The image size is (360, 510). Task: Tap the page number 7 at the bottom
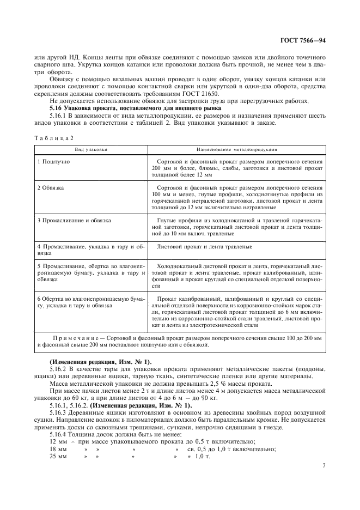click(324, 466)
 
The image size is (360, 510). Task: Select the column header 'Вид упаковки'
click(91, 148)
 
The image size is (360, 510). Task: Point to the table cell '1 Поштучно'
click(53, 162)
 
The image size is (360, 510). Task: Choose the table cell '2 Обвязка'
click(51, 187)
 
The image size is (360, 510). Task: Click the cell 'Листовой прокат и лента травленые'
click(204, 246)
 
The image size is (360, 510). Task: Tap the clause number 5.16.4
click(58, 434)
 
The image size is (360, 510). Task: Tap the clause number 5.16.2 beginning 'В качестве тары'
click(58, 369)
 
